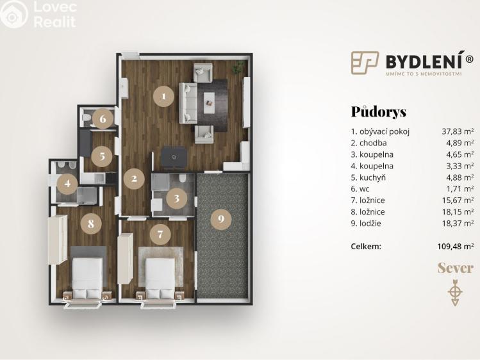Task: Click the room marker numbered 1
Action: [163, 97]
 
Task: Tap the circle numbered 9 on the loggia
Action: [221, 219]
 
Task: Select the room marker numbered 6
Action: [103, 119]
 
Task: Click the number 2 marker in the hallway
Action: [134, 179]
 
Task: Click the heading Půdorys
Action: [378, 112]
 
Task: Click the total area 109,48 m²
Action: [455, 245]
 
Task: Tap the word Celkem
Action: [366, 245]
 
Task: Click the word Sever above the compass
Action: [456, 268]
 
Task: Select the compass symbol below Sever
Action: [456, 291]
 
